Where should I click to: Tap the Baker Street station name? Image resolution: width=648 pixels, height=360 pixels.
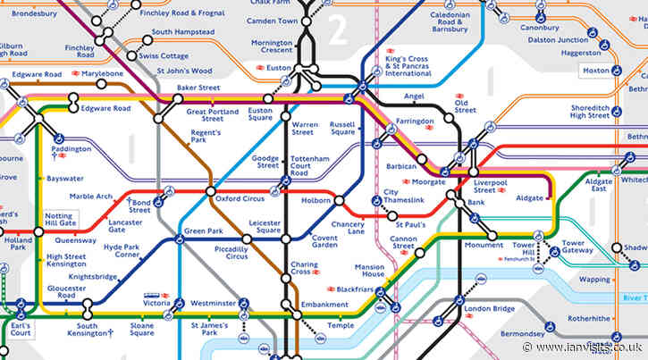(x=198, y=88)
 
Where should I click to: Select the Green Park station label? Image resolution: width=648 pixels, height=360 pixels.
(x=203, y=231)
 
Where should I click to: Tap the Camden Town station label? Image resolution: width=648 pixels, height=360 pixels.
(x=272, y=21)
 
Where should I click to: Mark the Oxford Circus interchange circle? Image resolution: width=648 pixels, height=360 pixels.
(x=210, y=191)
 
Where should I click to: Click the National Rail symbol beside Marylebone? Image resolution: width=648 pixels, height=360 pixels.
(x=78, y=73)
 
